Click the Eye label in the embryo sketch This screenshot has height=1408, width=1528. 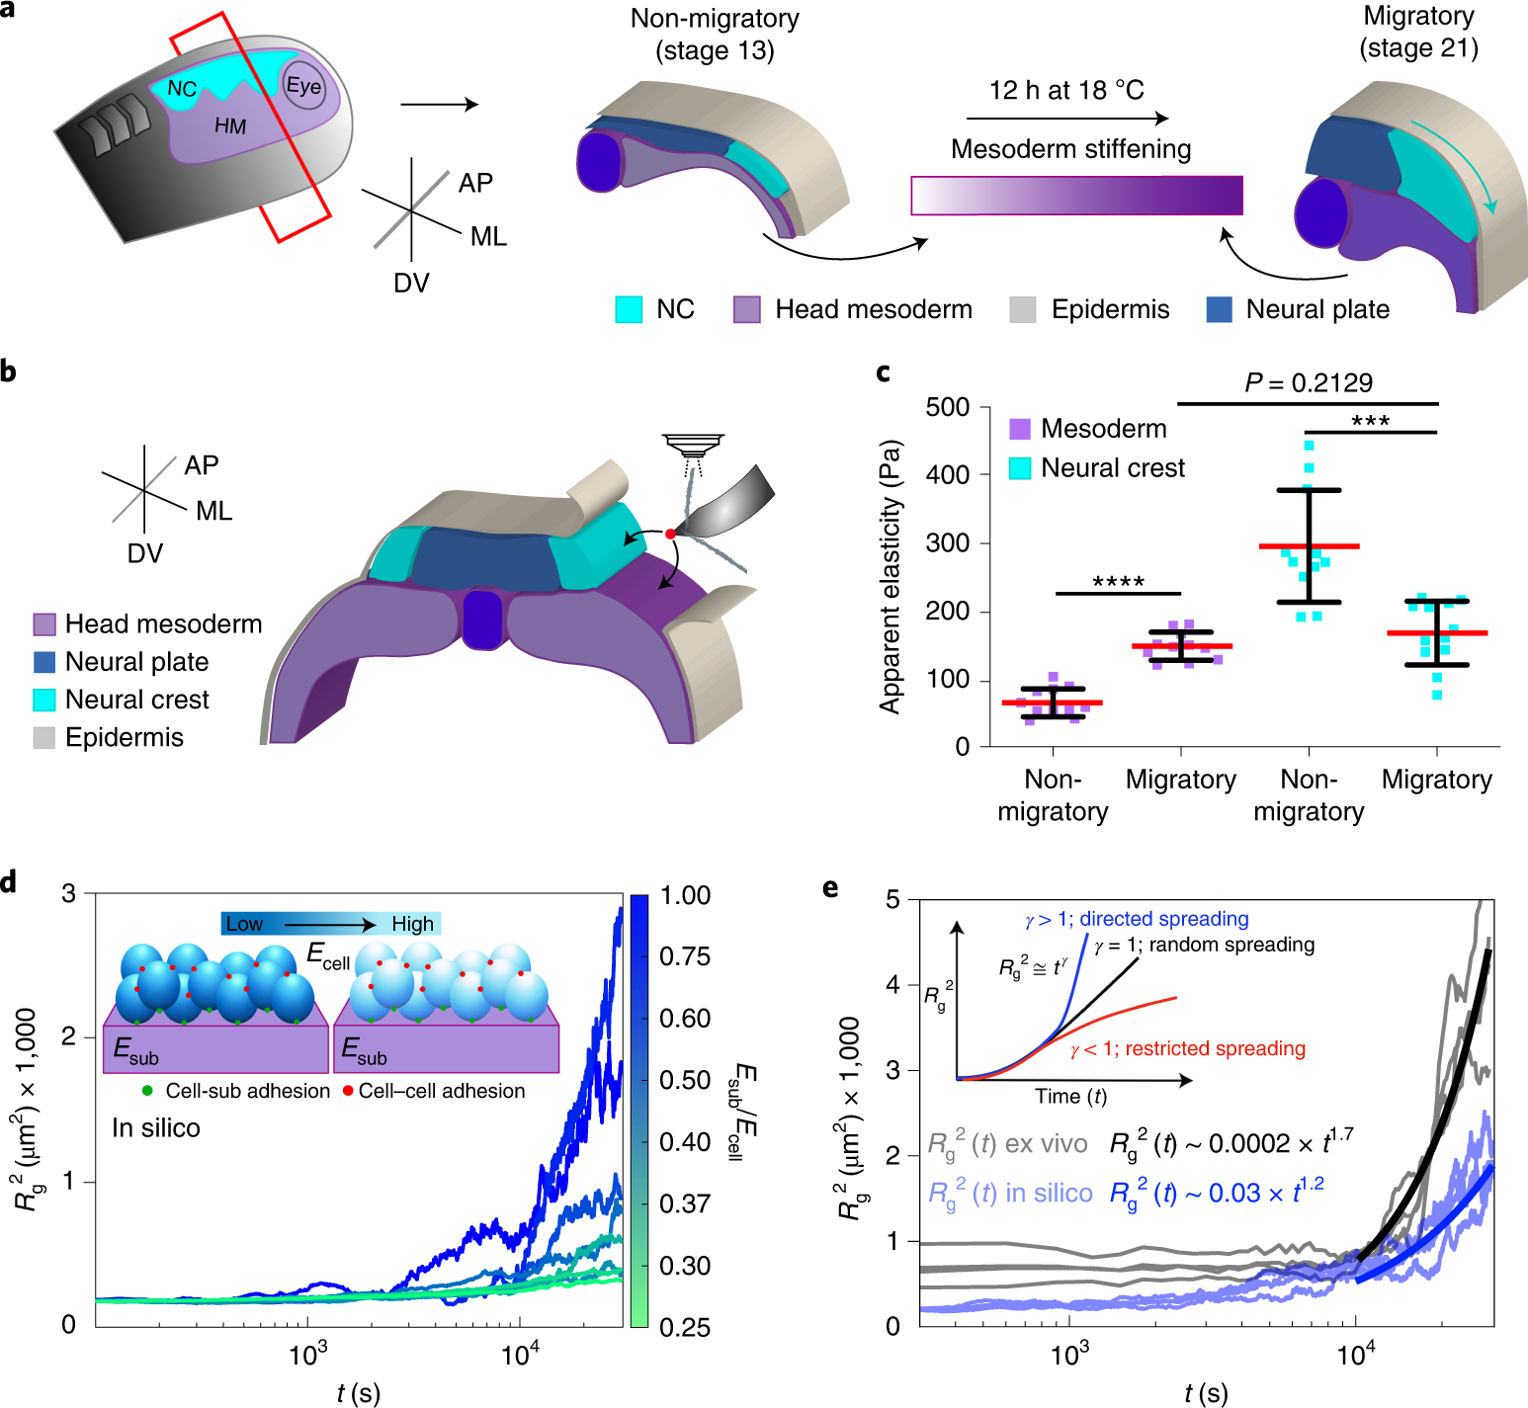(303, 86)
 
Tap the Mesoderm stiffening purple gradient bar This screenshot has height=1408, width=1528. (1076, 196)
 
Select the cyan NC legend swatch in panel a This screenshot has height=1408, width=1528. (629, 309)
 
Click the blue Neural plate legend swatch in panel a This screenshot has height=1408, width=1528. (1219, 309)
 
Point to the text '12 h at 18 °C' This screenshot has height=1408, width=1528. (1066, 91)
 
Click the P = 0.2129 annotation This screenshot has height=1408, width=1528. (1308, 382)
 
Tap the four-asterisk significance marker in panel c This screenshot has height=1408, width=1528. (1118, 582)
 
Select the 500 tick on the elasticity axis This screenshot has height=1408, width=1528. (947, 407)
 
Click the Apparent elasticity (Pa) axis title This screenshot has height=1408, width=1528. (891, 576)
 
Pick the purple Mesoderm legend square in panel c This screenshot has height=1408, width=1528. (1019, 429)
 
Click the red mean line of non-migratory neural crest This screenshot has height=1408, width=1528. (1309, 546)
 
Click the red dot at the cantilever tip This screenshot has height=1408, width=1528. (670, 534)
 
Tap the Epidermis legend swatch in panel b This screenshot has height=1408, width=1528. (44, 738)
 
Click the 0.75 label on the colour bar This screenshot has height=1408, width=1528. (685, 956)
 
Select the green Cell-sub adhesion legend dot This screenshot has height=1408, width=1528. (147, 1091)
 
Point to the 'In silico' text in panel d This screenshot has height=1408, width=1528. (156, 1128)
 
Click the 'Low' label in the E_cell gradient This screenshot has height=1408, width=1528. (244, 924)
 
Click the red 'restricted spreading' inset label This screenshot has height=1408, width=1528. (1187, 1048)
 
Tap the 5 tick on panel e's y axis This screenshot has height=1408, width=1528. (892, 899)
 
